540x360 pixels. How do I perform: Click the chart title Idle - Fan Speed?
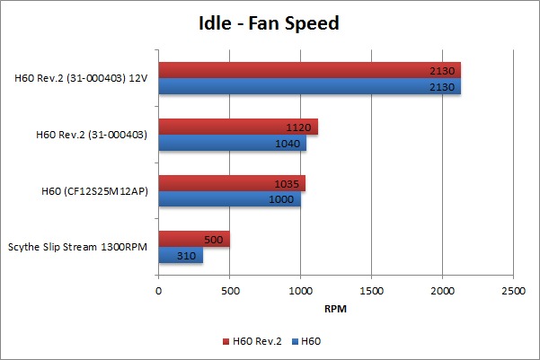(x=269, y=23)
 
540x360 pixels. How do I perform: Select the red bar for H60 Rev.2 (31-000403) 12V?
(x=309, y=70)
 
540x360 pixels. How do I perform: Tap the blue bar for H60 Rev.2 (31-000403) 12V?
(x=309, y=87)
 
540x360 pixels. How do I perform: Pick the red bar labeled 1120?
(x=238, y=127)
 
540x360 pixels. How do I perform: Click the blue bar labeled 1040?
(x=232, y=143)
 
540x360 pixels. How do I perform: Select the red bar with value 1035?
(x=232, y=183)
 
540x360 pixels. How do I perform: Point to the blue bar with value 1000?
(x=229, y=199)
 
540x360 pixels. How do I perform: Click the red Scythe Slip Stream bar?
(x=193, y=239)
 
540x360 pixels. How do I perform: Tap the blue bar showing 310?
(x=180, y=256)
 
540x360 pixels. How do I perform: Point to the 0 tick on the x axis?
(x=159, y=291)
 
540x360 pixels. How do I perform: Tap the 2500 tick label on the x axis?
(x=513, y=291)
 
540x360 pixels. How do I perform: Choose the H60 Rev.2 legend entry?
(x=252, y=341)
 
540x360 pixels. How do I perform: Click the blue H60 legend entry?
(x=308, y=341)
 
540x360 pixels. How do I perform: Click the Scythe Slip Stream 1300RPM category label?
(x=79, y=248)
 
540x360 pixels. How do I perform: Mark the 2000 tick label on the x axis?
(x=442, y=291)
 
